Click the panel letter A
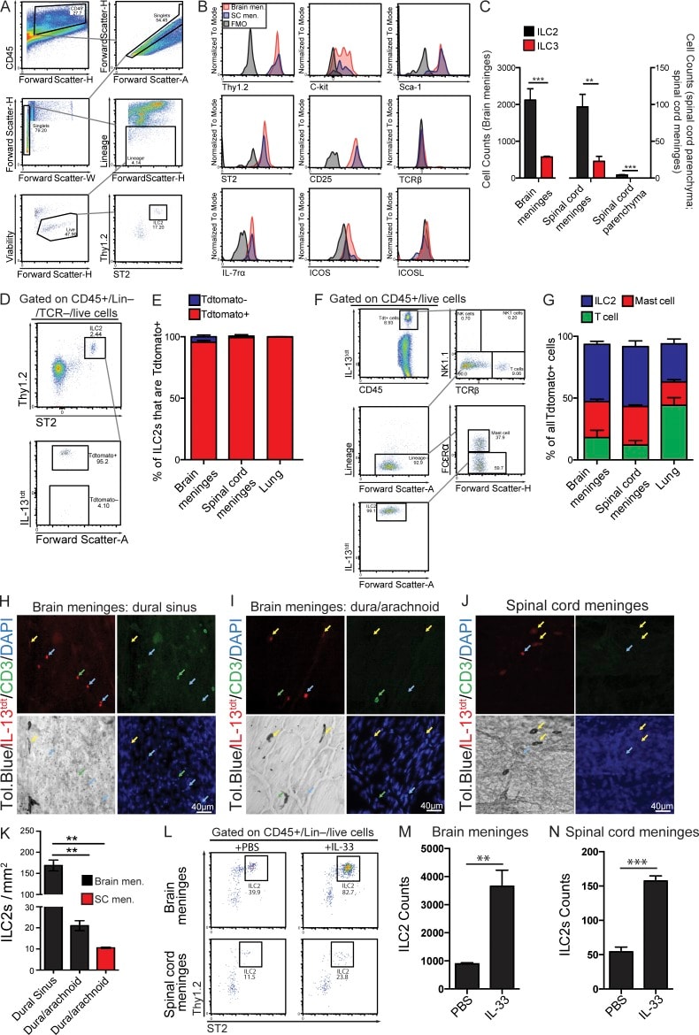click(x=7, y=7)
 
